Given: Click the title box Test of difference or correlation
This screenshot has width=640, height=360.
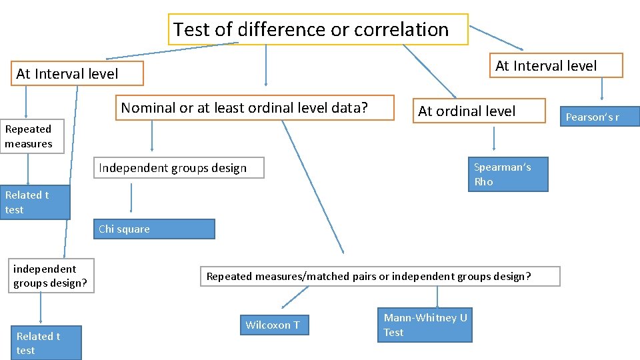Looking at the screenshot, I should pyautogui.click(x=318, y=29).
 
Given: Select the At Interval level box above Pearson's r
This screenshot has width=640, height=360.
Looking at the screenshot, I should pyautogui.click(x=555, y=65).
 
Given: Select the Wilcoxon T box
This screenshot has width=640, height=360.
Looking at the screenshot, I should pyautogui.click(x=273, y=325).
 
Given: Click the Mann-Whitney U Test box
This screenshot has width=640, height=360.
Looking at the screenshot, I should pyautogui.click(x=425, y=325).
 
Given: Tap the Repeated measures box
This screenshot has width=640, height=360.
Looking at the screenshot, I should pyautogui.click(x=32, y=137).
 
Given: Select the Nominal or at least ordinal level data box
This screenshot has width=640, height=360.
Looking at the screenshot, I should pyautogui.click(x=255, y=108).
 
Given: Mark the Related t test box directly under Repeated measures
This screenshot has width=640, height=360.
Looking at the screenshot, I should pyautogui.click(x=35, y=202).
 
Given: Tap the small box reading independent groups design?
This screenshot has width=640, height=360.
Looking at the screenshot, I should pyautogui.click(x=51, y=276).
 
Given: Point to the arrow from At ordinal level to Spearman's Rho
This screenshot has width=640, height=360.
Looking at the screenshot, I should pyautogui.click(x=494, y=139).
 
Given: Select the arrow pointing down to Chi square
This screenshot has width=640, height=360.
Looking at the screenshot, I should pyautogui.click(x=131, y=198).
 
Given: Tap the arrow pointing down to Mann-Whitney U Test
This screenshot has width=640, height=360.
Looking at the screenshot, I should pyautogui.click(x=437, y=297).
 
